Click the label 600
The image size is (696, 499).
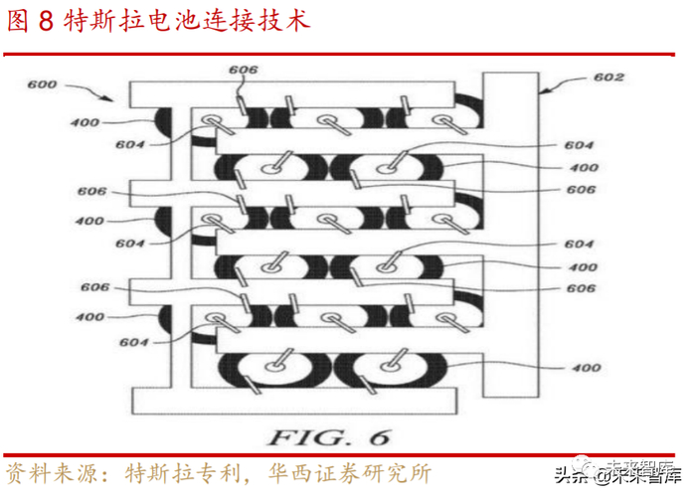42,84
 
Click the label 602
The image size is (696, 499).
609,78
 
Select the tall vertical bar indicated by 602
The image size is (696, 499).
511,235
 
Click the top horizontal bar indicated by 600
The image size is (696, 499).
292,94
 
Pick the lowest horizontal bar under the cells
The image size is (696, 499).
294,401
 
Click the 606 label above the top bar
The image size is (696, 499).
244,70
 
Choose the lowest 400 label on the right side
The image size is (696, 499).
587,368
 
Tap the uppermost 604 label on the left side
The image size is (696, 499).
130,144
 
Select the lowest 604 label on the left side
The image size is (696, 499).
133,342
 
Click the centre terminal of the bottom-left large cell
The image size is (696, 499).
273,366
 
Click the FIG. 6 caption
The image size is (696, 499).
329,437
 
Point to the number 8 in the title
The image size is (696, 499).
46,21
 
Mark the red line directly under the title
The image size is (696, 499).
339,55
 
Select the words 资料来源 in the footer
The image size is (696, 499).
51,473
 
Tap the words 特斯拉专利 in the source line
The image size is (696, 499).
183,473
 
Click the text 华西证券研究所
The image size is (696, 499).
350,473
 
